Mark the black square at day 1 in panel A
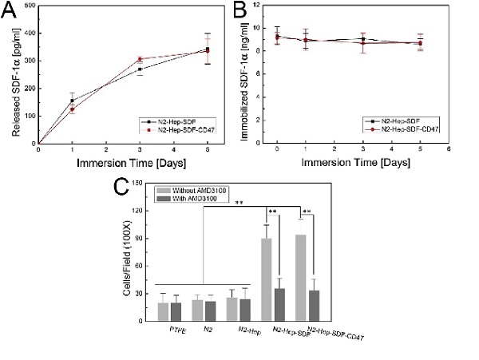72,101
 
